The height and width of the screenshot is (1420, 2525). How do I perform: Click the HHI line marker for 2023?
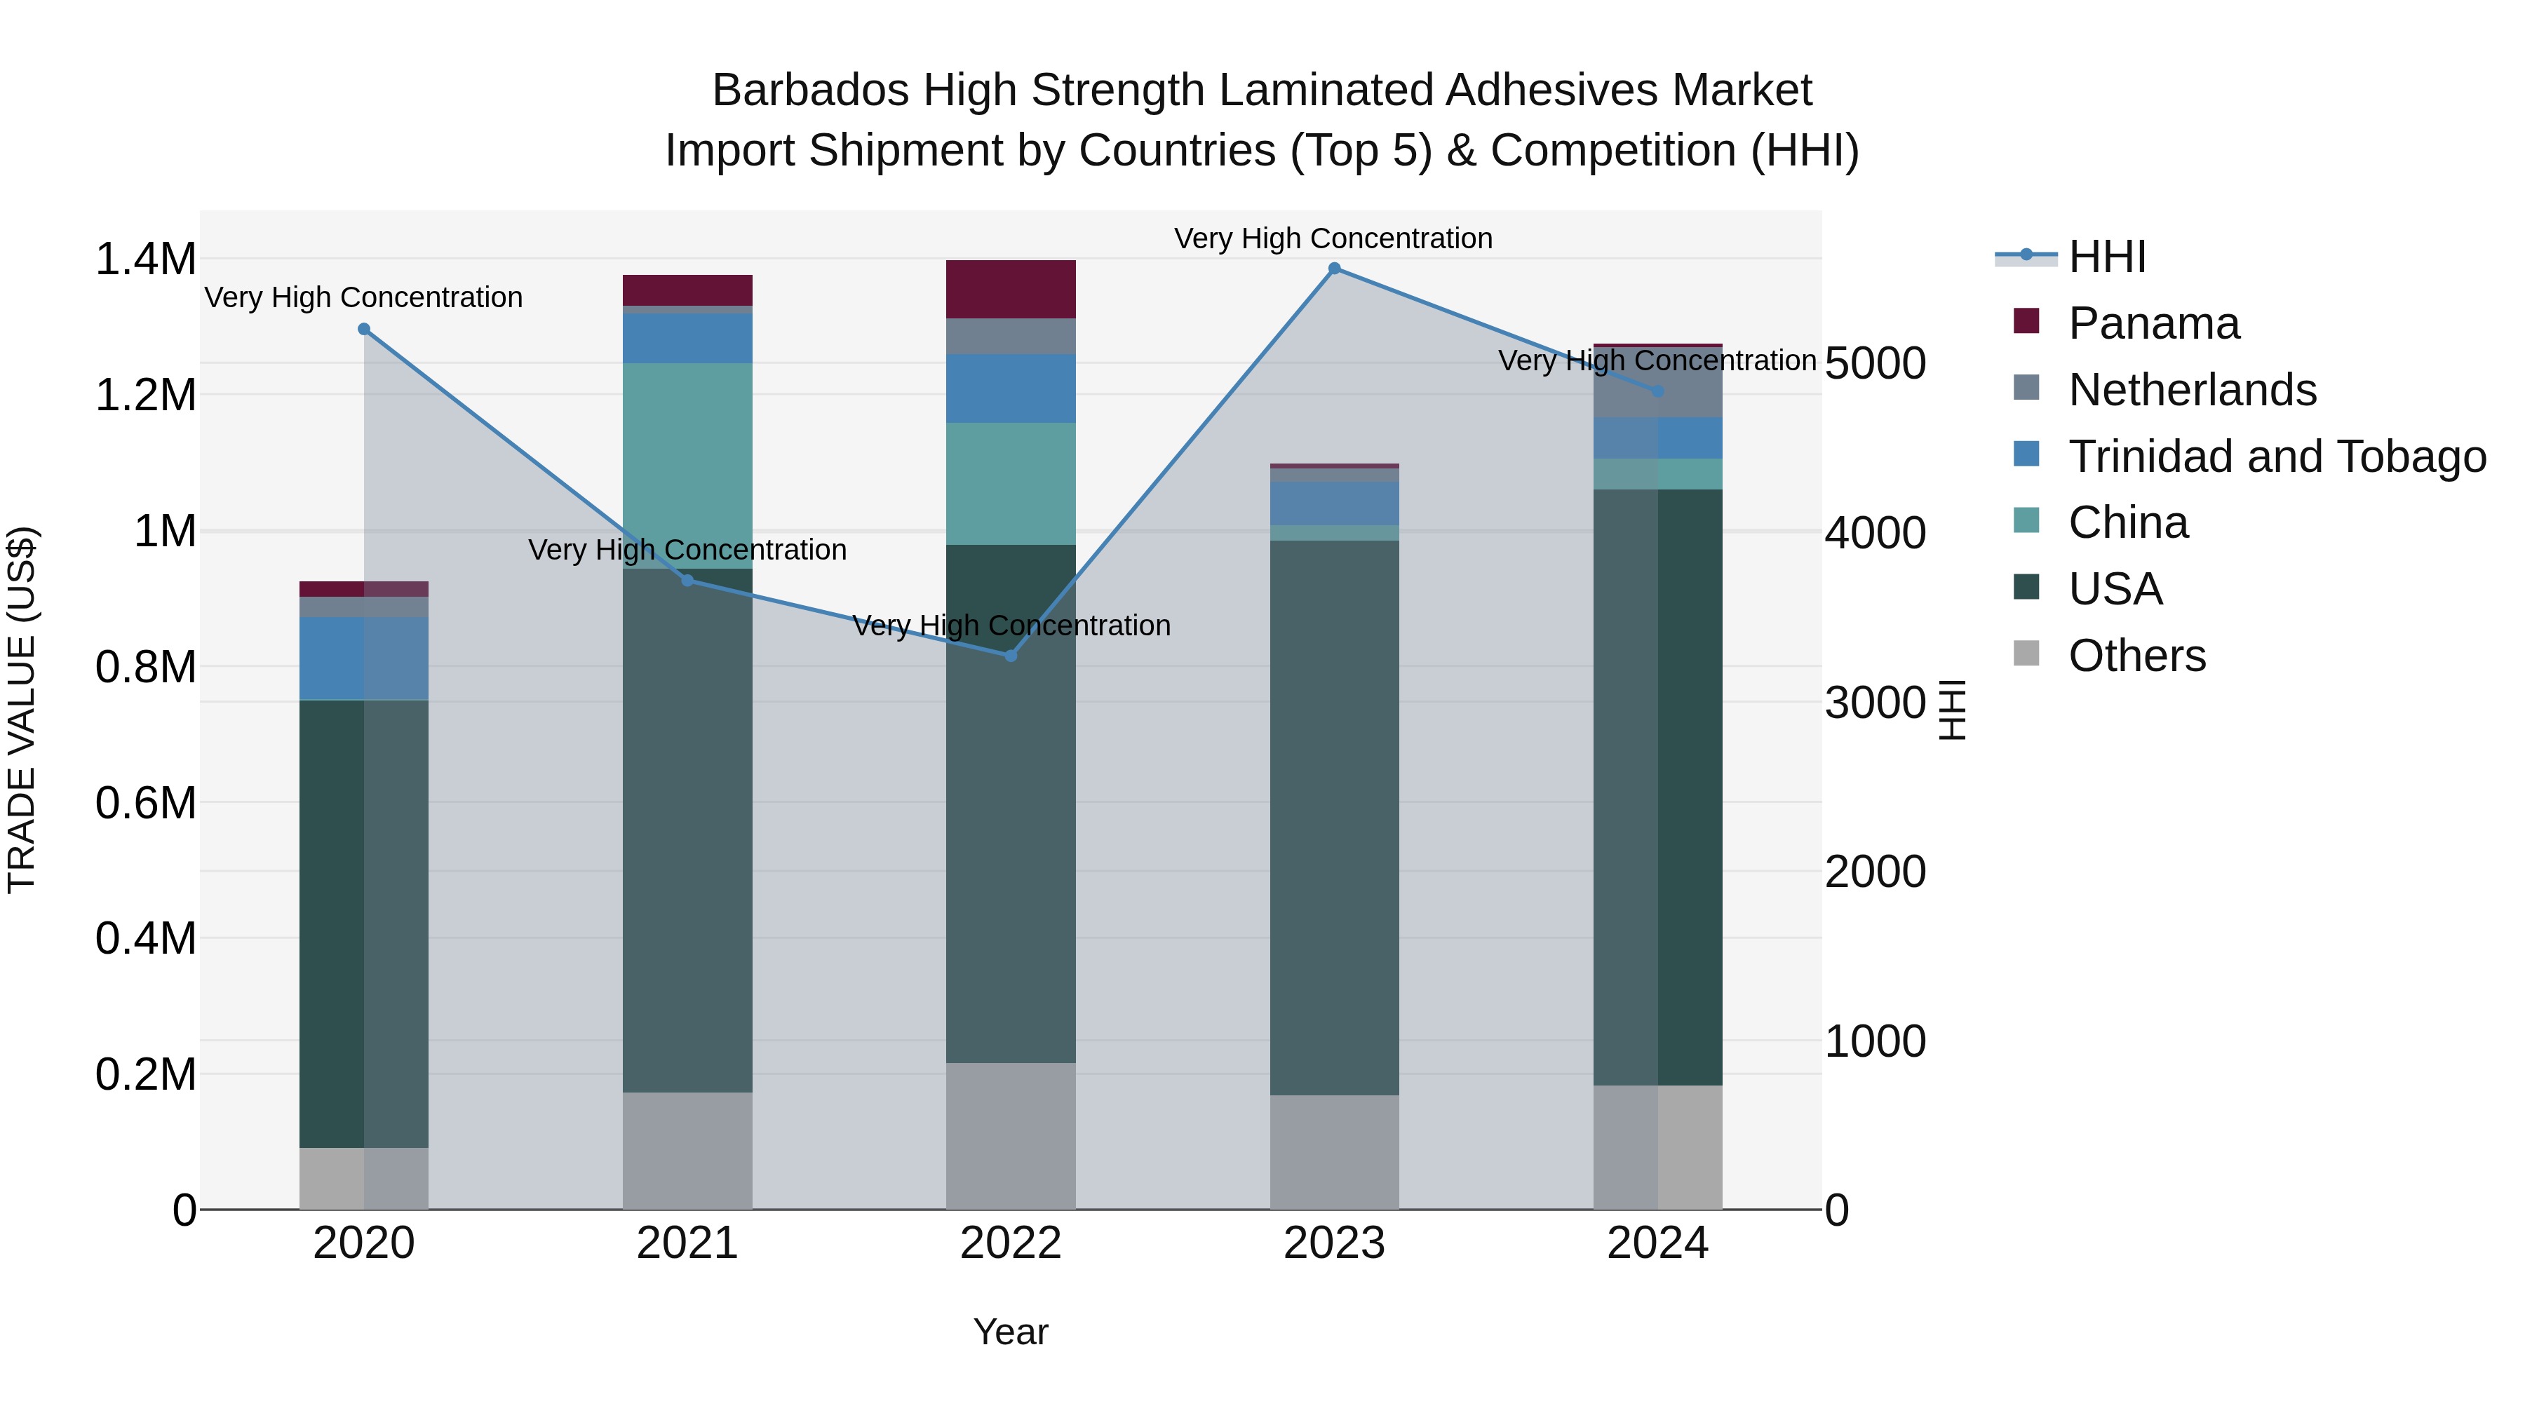point(1334,269)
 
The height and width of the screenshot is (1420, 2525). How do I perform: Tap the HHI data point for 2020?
point(363,330)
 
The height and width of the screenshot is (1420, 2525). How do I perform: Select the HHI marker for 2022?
point(1011,656)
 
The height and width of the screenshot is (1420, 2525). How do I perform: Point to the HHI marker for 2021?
point(687,580)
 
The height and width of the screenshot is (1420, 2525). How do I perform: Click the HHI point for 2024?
point(1657,391)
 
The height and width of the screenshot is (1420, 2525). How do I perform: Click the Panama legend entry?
point(2153,323)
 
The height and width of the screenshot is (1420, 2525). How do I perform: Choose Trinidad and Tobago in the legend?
point(2276,457)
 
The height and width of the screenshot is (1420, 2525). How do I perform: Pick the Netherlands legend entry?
point(2192,390)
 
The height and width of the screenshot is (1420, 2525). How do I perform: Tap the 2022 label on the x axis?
point(1011,1243)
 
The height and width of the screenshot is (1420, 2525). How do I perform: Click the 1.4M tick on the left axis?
point(145,259)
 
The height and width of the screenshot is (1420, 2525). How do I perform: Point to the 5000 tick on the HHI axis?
point(1875,363)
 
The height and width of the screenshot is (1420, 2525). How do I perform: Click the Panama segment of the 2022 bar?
point(1011,289)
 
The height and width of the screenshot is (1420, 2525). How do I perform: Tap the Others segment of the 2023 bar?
point(1334,1151)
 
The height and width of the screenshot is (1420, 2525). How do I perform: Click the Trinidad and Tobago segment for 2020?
point(363,658)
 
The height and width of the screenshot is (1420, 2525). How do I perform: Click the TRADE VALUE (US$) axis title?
point(22,710)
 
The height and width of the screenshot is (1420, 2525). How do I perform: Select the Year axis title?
point(1011,1332)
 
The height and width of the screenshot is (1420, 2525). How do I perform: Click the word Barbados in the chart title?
point(809,90)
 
